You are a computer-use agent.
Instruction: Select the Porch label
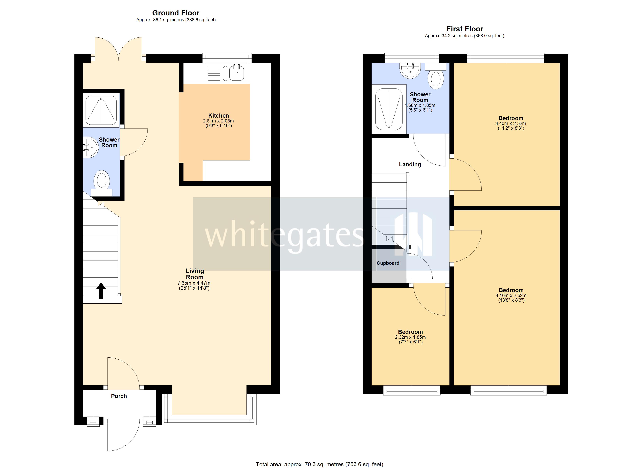119,396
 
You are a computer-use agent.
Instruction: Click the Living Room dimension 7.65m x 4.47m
194,283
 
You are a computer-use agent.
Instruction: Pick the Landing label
410,164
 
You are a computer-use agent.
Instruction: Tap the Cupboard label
388,263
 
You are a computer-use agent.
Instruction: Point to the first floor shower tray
389,109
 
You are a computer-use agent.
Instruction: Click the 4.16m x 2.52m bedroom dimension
511,295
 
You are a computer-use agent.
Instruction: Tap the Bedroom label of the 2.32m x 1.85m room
410,332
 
